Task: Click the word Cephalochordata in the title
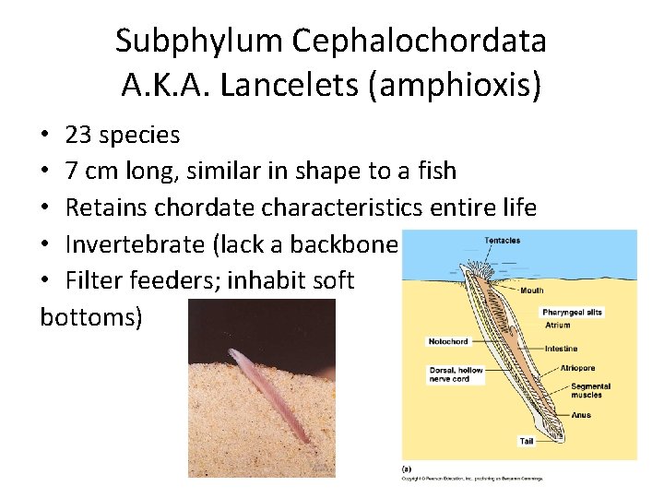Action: pos(420,41)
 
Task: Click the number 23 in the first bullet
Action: pos(77,135)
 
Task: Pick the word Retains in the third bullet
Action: pos(106,207)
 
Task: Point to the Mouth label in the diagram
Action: pos(531,290)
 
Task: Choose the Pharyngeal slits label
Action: pos(572,312)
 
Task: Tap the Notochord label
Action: pos(447,341)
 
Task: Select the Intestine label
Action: pos(561,349)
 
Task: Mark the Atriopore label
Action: pos(577,368)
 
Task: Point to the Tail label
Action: pos(527,441)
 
